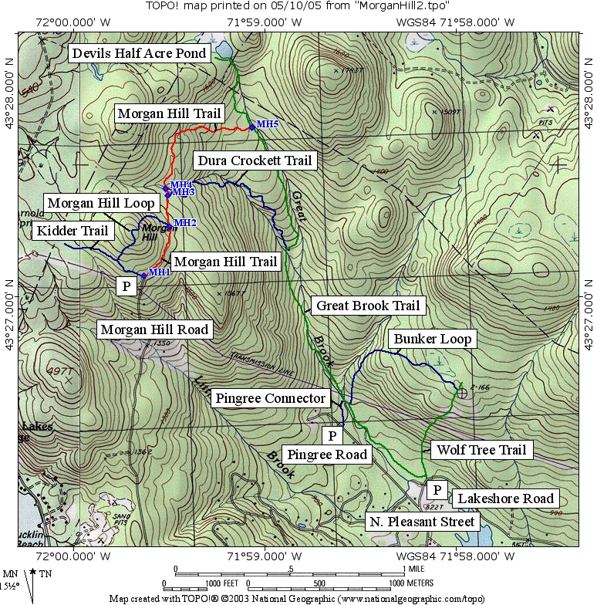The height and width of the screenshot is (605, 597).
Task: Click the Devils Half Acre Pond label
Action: click(139, 52)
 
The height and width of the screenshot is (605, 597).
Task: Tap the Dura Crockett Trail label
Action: click(254, 161)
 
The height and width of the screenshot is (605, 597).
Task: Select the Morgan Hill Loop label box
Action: click(101, 203)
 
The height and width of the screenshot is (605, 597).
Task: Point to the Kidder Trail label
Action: click(73, 230)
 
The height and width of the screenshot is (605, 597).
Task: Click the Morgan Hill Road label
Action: click(153, 330)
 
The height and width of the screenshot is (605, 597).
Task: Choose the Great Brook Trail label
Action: click(367, 306)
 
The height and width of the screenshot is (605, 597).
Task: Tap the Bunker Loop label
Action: click(432, 339)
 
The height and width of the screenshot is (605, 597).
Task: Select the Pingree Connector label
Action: click(270, 398)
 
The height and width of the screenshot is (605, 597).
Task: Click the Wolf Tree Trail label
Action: click(481, 450)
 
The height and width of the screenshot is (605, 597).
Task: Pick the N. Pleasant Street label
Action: click(422, 522)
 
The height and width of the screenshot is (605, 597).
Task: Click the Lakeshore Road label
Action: click(506, 499)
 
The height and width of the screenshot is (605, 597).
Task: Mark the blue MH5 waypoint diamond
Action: click(251, 127)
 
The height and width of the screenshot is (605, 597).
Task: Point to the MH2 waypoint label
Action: click(185, 222)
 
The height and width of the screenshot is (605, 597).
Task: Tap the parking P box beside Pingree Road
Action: click(331, 436)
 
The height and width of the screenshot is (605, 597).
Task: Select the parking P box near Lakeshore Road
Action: click(437, 490)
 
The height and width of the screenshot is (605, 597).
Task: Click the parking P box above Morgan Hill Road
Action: click(126, 286)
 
